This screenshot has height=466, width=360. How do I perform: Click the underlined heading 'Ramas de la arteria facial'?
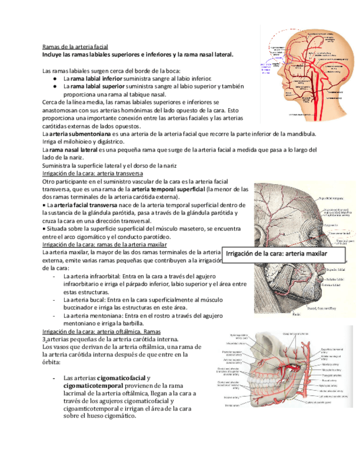pos(75,47)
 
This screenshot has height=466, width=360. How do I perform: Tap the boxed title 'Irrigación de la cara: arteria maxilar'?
pos(276,254)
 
